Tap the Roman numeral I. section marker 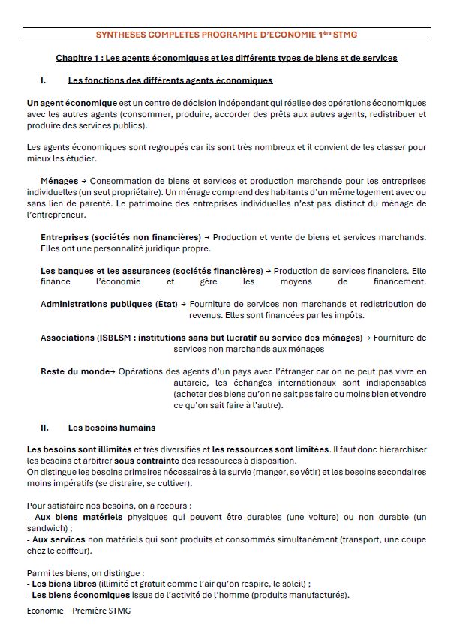[x=44, y=80]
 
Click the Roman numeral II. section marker [x=45, y=428]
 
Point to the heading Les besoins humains [x=112, y=428]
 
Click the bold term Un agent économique [x=71, y=103]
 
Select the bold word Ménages [x=59, y=181]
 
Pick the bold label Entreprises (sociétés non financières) [x=120, y=237]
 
